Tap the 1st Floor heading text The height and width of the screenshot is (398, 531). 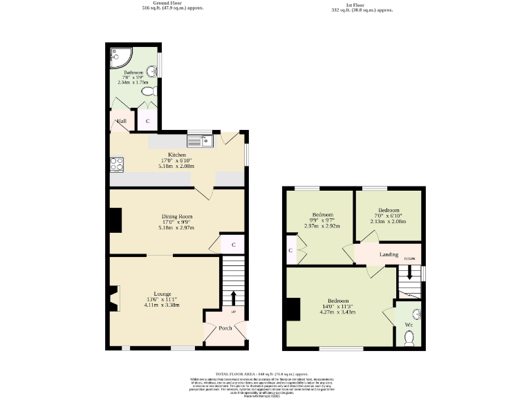pos(363,5)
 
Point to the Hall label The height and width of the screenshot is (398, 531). pos(122,122)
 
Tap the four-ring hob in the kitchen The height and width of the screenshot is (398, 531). pos(117,164)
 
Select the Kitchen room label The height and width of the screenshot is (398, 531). pos(176,155)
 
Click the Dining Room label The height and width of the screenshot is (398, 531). pos(176,216)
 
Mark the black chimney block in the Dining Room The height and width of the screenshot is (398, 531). pos(115,221)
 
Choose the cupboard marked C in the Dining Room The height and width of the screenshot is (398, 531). pos(233,245)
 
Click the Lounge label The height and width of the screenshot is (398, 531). pos(162,294)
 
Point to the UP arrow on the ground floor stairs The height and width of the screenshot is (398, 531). pos(233,298)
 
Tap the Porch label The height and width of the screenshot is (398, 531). pos(225,328)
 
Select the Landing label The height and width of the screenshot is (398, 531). pos(389,255)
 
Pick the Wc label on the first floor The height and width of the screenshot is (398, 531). pos(408,324)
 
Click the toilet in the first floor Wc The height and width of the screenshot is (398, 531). pos(409,338)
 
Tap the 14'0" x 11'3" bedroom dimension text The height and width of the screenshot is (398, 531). pos(338,307)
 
